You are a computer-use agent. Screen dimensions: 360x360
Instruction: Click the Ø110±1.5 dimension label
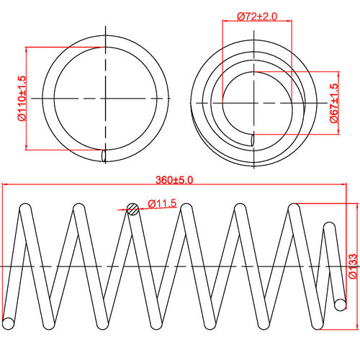click(x=22, y=98)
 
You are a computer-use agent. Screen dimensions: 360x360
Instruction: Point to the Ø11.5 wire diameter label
click(x=163, y=204)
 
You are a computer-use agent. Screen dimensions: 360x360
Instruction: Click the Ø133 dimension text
click(x=352, y=266)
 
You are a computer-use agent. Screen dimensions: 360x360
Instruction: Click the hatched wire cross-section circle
click(x=132, y=209)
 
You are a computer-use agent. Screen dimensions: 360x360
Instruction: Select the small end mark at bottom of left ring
click(x=105, y=155)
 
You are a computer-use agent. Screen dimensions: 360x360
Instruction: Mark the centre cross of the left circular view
click(x=107, y=97)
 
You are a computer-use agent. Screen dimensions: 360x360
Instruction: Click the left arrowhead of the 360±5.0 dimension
click(x=6, y=186)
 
